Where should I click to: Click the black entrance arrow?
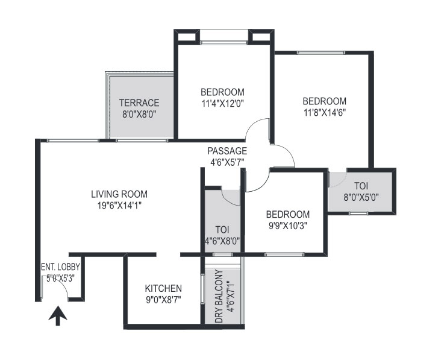(58, 315)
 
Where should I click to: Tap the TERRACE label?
(139, 103)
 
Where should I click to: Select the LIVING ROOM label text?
(119, 194)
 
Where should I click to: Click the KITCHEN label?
(163, 288)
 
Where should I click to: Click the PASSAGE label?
(227, 151)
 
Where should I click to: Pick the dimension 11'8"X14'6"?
(325, 113)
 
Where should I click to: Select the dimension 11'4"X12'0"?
(223, 104)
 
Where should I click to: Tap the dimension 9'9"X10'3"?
(287, 226)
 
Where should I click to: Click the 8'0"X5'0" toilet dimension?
(361, 197)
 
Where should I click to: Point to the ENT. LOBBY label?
(61, 267)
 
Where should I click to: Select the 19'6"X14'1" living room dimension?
(119, 206)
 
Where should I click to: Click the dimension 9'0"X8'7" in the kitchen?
(164, 300)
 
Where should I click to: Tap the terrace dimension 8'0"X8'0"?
(139, 115)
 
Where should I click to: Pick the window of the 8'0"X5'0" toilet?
(358, 213)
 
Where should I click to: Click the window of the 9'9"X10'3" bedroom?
(284, 254)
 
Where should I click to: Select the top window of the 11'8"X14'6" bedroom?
(320, 53)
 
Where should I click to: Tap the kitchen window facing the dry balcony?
(202, 289)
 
